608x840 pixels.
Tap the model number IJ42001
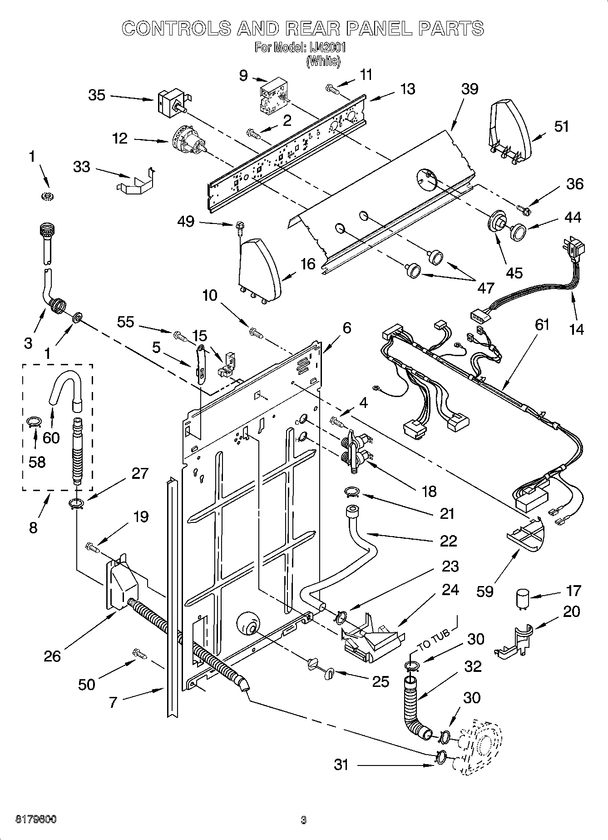pyautogui.click(x=323, y=48)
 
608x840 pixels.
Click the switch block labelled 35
pyautogui.click(x=172, y=102)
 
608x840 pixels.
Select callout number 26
pyautogui.click(x=52, y=656)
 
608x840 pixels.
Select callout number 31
pyautogui.click(x=341, y=765)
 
